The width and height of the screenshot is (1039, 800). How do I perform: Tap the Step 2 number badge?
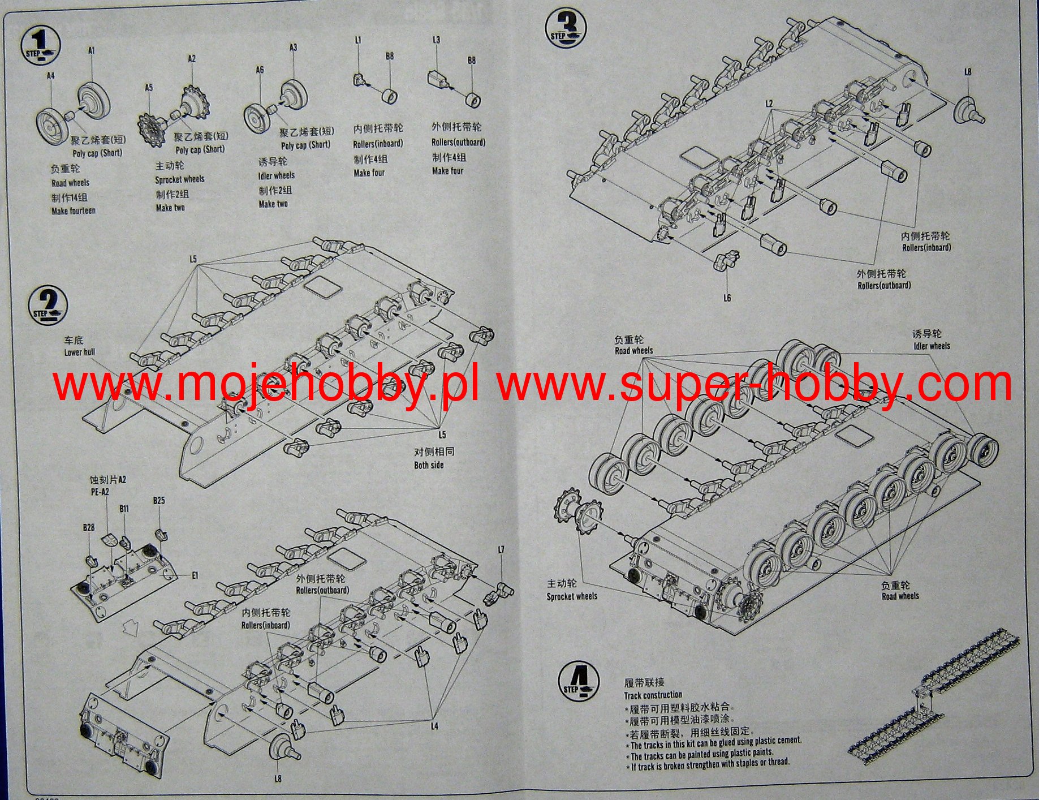(x=48, y=305)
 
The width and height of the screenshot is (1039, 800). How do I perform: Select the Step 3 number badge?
(x=566, y=28)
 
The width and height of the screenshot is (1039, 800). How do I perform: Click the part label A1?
(x=92, y=51)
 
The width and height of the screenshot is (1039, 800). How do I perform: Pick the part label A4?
(x=51, y=76)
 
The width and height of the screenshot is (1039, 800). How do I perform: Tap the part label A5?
(x=149, y=88)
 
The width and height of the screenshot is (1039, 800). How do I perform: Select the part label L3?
(x=436, y=40)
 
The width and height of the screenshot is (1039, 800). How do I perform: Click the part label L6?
(x=727, y=298)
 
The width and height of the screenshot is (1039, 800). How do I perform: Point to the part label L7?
(x=501, y=549)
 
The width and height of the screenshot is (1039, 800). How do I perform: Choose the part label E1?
(x=195, y=575)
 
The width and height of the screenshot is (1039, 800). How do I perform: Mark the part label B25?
(x=159, y=501)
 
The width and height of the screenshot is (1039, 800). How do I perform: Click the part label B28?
(x=89, y=527)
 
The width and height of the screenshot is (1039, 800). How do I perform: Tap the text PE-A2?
(x=100, y=492)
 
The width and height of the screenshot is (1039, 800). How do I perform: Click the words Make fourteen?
(x=74, y=211)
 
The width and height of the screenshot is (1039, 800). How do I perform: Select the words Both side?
(x=429, y=465)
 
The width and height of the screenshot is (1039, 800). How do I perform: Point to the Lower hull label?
(x=80, y=352)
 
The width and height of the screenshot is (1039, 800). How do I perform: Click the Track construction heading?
(x=653, y=695)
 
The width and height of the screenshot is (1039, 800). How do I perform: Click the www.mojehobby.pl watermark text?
(x=266, y=384)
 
